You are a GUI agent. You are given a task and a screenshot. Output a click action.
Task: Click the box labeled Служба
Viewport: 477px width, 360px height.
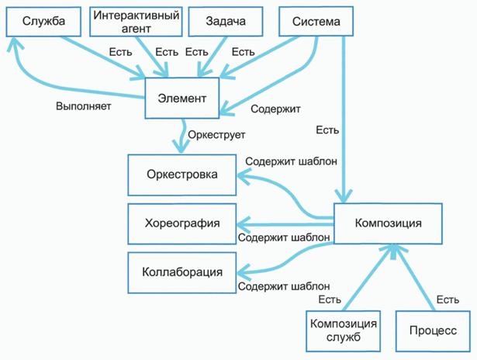point(44,22)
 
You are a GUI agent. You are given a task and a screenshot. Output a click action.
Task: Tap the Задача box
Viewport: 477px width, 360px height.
point(226,22)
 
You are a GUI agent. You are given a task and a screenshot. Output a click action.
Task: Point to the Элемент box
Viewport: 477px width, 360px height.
point(182,99)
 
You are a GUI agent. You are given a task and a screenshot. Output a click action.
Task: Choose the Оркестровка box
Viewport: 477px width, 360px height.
point(181,175)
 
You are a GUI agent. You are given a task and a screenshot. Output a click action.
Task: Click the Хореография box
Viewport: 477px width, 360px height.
point(182,223)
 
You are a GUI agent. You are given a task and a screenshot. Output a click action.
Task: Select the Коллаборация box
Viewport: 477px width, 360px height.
point(182,272)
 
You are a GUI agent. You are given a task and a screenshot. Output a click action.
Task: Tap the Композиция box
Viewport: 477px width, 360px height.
point(388,223)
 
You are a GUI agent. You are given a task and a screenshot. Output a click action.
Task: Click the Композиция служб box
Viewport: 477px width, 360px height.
point(343,331)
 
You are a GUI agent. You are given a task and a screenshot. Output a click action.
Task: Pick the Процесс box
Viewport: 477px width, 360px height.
point(433,331)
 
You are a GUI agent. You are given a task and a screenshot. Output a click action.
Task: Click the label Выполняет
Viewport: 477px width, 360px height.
point(83,106)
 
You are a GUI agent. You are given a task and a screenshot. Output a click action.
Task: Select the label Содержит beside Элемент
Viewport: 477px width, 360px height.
point(277,109)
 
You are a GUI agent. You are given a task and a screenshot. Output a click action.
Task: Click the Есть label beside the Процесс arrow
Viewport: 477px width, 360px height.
point(448,299)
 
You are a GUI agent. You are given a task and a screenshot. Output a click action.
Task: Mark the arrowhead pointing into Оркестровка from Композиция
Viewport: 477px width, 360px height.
point(241,178)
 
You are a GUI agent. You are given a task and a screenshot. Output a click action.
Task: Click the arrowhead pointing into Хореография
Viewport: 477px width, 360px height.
point(241,224)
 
